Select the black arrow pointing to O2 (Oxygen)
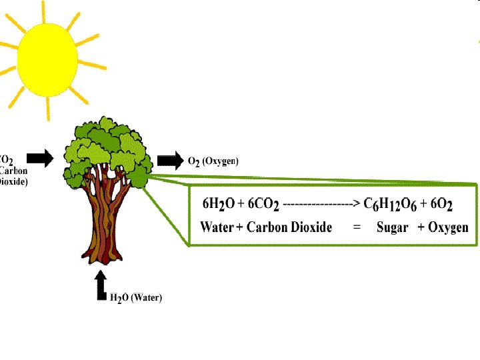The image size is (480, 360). [169, 161]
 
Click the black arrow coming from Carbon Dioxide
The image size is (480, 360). [42, 158]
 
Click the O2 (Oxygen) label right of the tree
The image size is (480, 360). [213, 161]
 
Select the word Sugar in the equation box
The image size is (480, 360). [392, 227]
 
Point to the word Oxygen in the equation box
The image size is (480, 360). [448, 227]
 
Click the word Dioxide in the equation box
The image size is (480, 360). [309, 227]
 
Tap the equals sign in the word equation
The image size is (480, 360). [357, 227]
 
